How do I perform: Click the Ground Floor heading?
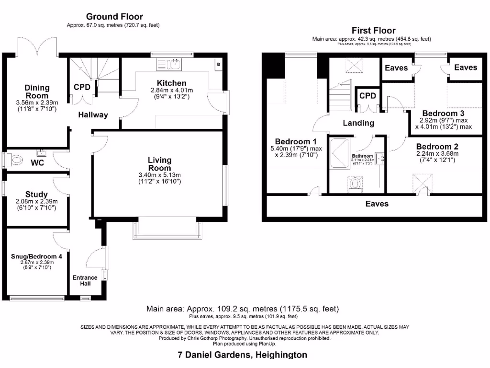coord(114,17)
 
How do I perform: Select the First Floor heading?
coord(373,30)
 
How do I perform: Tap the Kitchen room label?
coord(171,83)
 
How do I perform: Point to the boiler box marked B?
coord(219,64)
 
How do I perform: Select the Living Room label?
coord(159,164)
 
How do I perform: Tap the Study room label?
coord(36,194)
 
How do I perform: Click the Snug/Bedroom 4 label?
coord(37,256)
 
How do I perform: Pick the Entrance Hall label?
coord(85,280)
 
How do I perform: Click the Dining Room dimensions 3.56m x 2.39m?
coord(37,102)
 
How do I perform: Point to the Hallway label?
coord(93,115)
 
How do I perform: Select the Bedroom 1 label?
coord(296,141)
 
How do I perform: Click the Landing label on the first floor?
coord(358,123)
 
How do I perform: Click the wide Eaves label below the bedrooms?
coord(377,204)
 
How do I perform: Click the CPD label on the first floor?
coord(367,95)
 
